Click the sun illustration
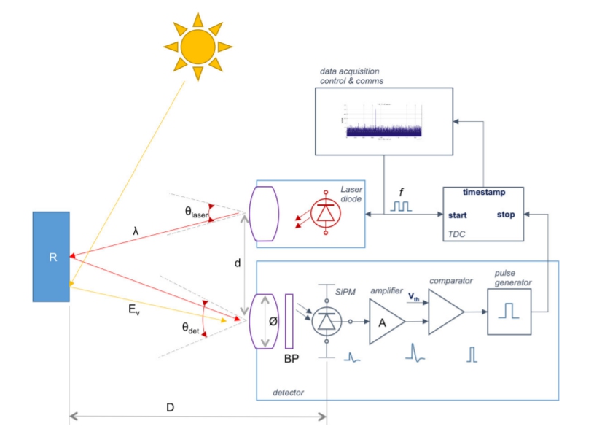[198, 45]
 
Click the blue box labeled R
[52, 257]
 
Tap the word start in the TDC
[458, 215]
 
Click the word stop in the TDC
[506, 215]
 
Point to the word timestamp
[484, 193]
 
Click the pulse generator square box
[509, 312]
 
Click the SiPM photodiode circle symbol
[327, 320]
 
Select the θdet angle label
[191, 328]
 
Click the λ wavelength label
[136, 230]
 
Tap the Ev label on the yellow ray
[134, 309]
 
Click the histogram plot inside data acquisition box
[382, 120]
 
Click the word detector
[287, 393]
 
